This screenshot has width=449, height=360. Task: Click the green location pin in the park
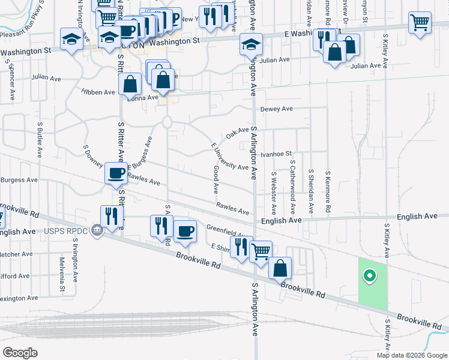370,276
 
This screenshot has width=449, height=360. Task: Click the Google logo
20,353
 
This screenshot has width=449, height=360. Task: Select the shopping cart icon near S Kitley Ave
420,23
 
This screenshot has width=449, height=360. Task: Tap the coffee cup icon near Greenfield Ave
185,231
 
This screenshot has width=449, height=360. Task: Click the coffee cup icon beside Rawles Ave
116,173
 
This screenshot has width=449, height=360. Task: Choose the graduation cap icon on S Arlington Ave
251,44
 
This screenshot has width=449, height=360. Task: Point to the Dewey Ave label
276,109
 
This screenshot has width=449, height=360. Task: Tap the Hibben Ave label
98,92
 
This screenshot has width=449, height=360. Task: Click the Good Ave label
215,179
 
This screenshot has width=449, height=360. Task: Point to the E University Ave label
229,157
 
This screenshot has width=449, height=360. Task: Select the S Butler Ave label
39,138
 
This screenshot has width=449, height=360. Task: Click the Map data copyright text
412,355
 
